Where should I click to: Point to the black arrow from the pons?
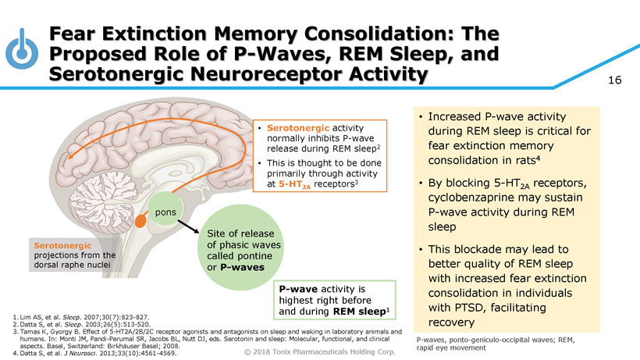[x=186, y=227]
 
